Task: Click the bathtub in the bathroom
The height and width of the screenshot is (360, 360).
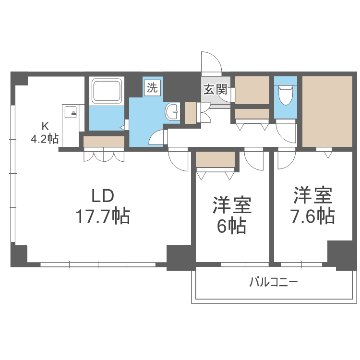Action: coord(107,91)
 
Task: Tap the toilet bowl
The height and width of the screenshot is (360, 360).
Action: coord(286,95)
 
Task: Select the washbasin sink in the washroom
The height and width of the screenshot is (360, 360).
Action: coord(172,112)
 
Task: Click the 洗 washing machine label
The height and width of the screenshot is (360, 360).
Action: coord(152,88)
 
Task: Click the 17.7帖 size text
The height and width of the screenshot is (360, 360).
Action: coord(102,217)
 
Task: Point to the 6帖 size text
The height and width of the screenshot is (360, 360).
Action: coord(232,225)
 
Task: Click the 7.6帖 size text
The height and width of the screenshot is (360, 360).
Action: coord(313,216)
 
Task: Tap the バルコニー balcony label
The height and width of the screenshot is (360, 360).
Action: coord(273,282)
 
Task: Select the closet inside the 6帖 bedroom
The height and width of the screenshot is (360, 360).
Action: coord(216,159)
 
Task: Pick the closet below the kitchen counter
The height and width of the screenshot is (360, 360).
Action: coord(104,142)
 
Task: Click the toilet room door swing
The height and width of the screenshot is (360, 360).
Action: coord(286,131)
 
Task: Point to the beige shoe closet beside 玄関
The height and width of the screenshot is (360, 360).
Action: coord(252,90)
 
